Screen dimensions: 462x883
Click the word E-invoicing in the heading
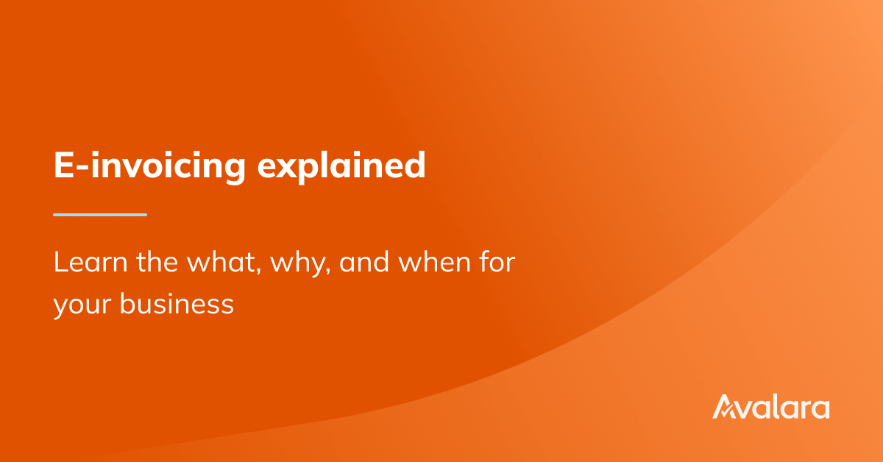[149, 166]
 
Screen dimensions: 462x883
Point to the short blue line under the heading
[100, 215]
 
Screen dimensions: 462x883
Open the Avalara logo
[770, 407]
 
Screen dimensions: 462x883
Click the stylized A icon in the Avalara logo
[725, 407]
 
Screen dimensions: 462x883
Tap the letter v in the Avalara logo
[747, 409]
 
